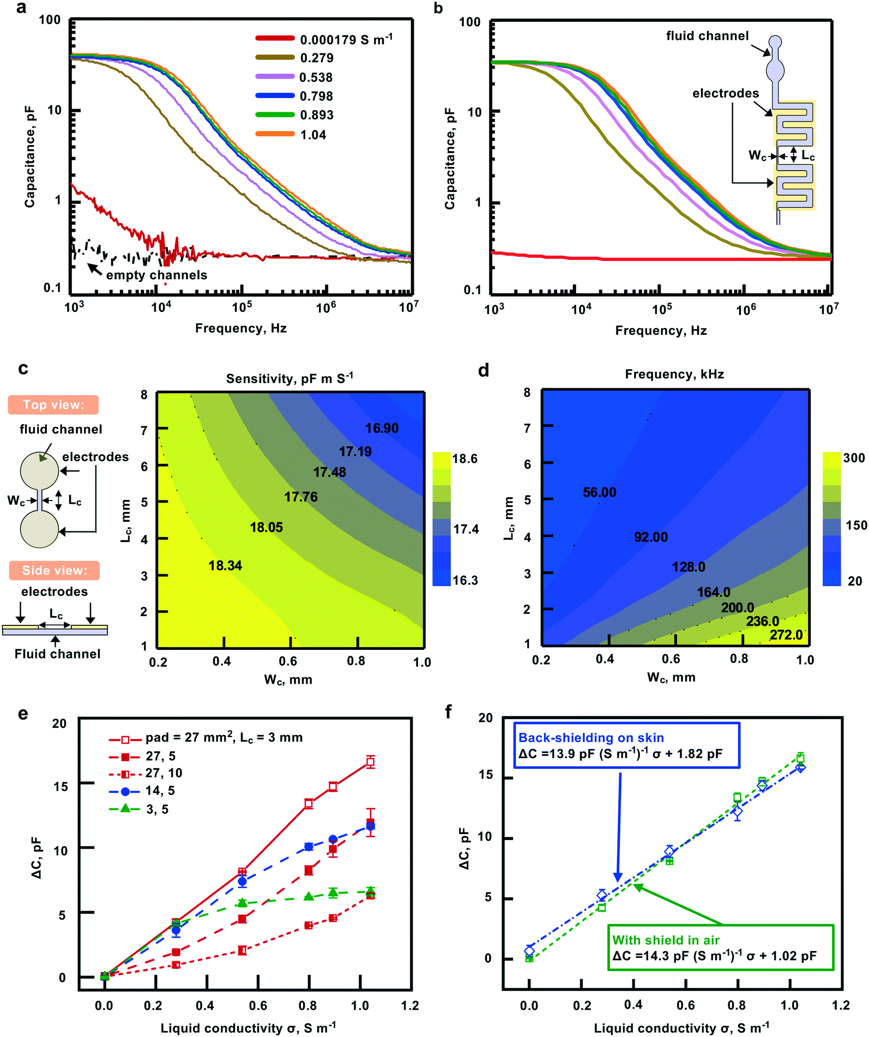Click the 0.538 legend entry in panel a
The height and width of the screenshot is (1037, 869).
[x=316, y=77]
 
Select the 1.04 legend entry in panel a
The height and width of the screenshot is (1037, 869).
[x=313, y=135]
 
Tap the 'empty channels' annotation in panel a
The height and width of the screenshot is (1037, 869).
[x=156, y=275]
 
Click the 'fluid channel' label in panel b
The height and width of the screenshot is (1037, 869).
[x=707, y=36]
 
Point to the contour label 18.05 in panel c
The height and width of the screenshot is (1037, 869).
[x=266, y=527]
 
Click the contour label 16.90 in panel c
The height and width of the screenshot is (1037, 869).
[x=382, y=429]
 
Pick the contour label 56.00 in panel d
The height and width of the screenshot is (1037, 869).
[x=599, y=492]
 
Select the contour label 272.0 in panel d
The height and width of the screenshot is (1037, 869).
[x=786, y=635]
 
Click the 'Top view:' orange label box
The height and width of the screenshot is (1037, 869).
[x=53, y=405]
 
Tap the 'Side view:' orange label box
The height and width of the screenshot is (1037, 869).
[x=55, y=570]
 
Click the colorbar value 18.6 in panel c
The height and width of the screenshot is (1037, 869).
[x=464, y=459]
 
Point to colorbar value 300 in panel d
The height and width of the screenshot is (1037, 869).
[x=854, y=458]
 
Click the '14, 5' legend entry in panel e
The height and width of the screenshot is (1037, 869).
[x=160, y=791]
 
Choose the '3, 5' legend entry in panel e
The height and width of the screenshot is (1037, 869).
[x=157, y=810]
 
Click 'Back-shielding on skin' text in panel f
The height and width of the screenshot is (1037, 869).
[x=591, y=738]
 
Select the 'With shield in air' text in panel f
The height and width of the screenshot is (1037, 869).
[x=666, y=940]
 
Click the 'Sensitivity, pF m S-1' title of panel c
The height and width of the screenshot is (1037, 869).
[x=289, y=378]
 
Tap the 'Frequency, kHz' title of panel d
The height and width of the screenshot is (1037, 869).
[x=674, y=374]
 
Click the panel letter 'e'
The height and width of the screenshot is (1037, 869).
[x=23, y=714]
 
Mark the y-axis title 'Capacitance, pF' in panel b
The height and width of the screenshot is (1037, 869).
[x=450, y=158]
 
